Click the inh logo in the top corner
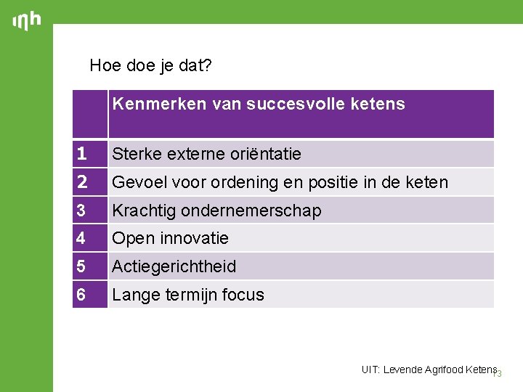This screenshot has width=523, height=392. point(26,21)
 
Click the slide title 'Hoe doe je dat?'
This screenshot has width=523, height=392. point(150,65)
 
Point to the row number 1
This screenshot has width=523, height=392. point(82,154)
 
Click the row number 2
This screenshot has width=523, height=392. point(82,181)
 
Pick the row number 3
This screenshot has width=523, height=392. point(82,211)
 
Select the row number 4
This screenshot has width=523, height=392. point(82,238)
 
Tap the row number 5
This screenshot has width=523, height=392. point(82,266)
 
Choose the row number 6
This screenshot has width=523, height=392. point(82,295)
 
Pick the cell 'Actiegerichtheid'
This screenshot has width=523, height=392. point(174,266)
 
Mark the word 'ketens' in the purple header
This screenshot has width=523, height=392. point(380,104)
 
